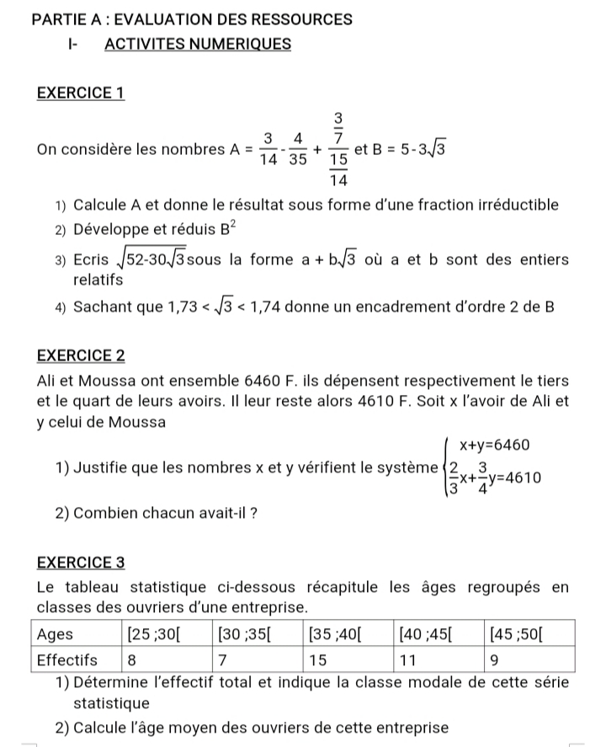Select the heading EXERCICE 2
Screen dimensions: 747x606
[81, 356]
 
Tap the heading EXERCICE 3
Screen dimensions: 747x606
[81, 561]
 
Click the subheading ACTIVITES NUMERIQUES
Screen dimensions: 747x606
[198, 44]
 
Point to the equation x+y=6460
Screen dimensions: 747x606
[492, 446]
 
